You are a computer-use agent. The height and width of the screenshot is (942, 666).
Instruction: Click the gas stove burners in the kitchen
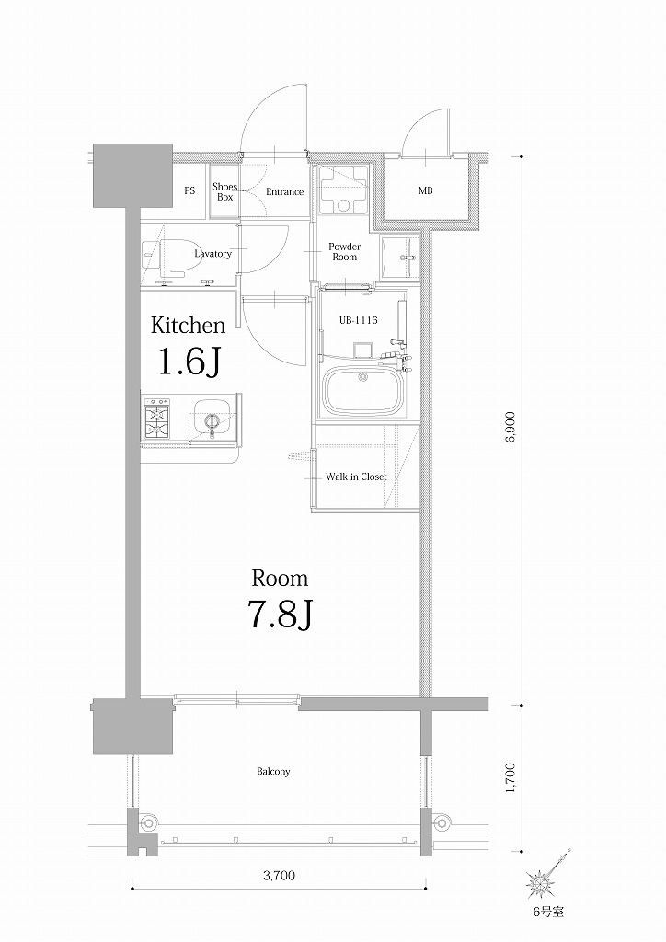tap(157, 419)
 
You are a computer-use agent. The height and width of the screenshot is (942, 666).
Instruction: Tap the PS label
tap(189, 192)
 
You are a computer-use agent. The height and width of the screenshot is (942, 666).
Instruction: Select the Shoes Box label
tap(225, 192)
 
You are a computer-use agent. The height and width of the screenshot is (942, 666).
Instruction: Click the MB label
tap(426, 192)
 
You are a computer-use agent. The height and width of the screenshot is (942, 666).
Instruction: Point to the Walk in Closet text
tap(356, 477)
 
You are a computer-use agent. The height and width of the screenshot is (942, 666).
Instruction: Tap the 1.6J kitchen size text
tap(189, 363)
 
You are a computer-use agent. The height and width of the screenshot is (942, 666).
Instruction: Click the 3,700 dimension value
tap(279, 876)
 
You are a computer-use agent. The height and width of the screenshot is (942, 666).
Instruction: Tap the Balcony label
tap(273, 772)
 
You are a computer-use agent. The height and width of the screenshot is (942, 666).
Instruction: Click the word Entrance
tap(284, 192)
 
